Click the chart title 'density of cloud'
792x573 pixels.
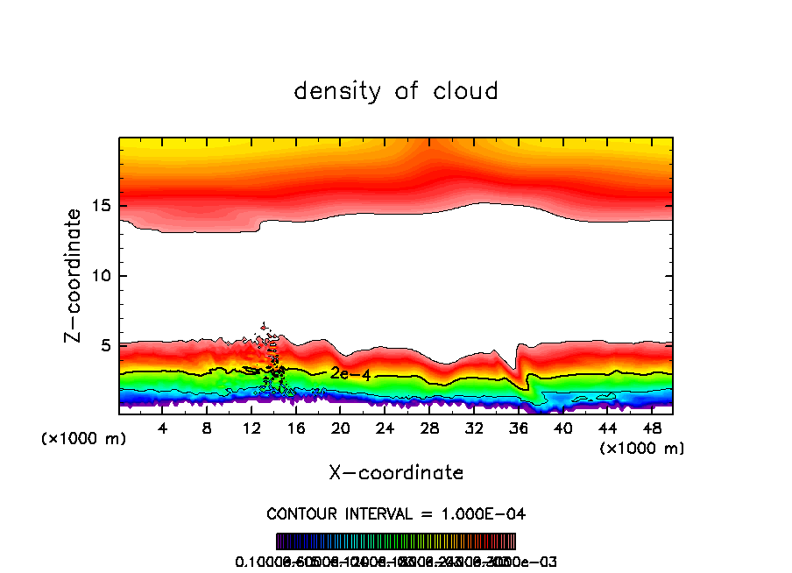(x=396, y=91)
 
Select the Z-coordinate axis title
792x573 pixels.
(x=74, y=275)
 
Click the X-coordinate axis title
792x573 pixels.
(x=396, y=473)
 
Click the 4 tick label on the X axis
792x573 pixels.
(x=162, y=428)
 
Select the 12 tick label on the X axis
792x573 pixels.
(x=251, y=428)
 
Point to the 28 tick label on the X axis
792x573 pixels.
(x=429, y=428)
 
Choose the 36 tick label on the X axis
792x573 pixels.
(x=518, y=428)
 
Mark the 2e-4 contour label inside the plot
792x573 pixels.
(x=350, y=374)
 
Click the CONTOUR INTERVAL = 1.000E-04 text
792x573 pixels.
(x=396, y=513)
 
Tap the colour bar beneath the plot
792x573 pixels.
(x=396, y=541)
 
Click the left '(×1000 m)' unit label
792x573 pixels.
(x=84, y=439)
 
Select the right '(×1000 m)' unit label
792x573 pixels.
(x=641, y=448)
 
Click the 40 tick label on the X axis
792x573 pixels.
(x=562, y=428)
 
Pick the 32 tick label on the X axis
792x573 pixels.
(x=474, y=428)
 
